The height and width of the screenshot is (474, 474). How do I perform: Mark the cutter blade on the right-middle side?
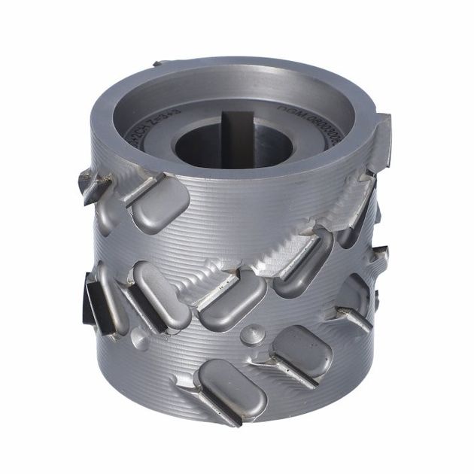[354, 316]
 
